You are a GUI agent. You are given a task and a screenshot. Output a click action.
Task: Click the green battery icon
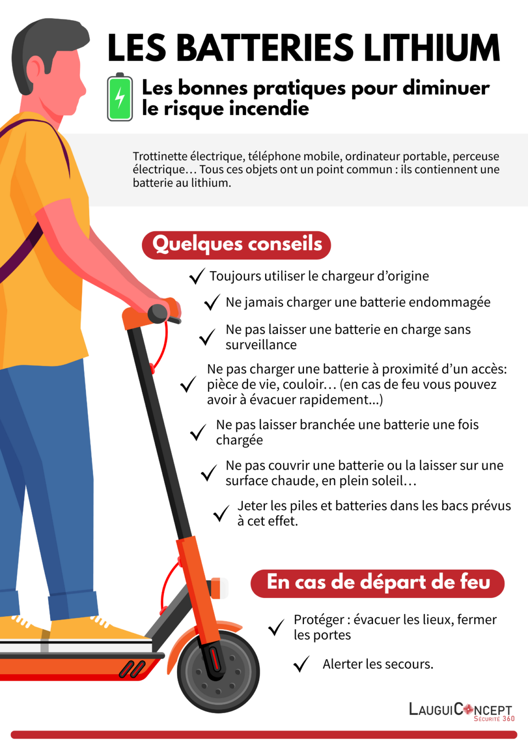tap(120, 98)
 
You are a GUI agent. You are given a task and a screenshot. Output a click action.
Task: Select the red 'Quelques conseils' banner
tap(237, 245)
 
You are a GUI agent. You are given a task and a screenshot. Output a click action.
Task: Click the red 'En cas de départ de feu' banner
tap(378, 583)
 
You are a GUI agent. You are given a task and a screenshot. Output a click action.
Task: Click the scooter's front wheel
tap(218, 671)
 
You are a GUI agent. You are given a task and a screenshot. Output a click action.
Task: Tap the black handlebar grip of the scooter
tap(158, 313)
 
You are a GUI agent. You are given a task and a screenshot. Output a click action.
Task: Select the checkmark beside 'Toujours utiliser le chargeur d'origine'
tap(197, 276)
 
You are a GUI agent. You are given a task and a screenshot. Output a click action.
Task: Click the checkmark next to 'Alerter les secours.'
tap(302, 664)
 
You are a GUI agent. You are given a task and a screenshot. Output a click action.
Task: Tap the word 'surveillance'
tap(261, 345)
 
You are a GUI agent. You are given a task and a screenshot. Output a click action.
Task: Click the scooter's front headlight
tap(218, 588)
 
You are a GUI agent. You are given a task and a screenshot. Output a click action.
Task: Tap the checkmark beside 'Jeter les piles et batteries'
tap(221, 514)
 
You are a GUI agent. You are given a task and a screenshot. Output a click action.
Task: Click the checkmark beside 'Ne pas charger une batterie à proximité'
tap(188, 385)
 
